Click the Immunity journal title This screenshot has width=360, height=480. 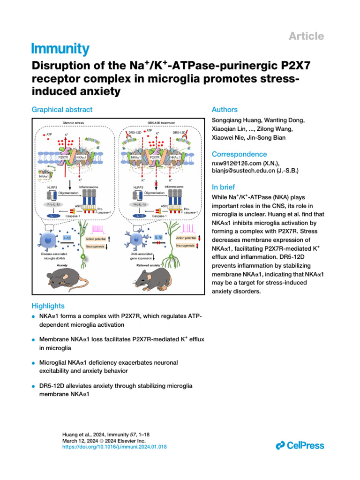(60, 48)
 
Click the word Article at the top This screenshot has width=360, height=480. (307, 36)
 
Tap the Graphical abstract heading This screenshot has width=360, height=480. (62, 110)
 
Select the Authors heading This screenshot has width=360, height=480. (225, 110)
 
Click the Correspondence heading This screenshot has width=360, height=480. (240, 154)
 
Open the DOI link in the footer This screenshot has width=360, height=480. (114, 448)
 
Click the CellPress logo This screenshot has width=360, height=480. (300, 445)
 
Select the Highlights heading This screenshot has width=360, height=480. (48, 306)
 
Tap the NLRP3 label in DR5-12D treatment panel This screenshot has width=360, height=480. (139, 187)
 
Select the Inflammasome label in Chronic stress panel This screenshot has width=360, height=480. (89, 187)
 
